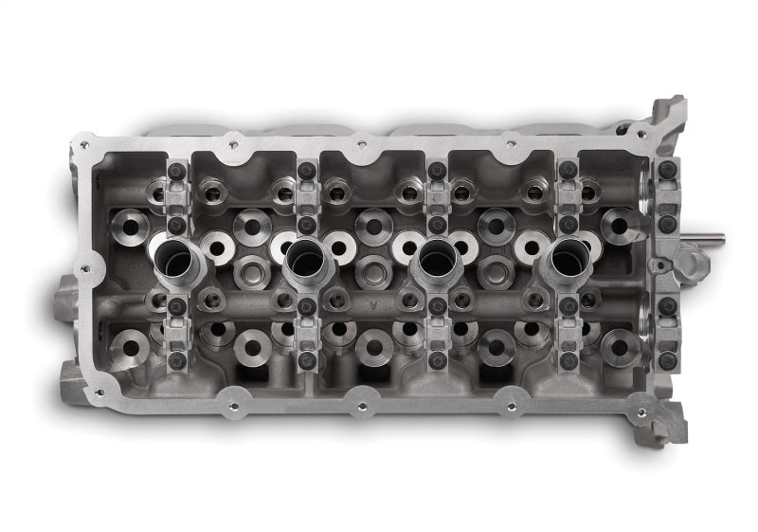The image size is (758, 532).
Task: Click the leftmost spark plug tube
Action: (x=178, y=259)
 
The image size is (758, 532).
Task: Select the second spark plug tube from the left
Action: (x=305, y=258)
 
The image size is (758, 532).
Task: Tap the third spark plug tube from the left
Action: (x=435, y=258)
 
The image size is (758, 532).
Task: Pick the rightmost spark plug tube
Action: (x=567, y=258)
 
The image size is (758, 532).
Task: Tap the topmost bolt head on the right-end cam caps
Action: (x=667, y=169)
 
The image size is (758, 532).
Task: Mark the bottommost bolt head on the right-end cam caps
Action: (x=667, y=361)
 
